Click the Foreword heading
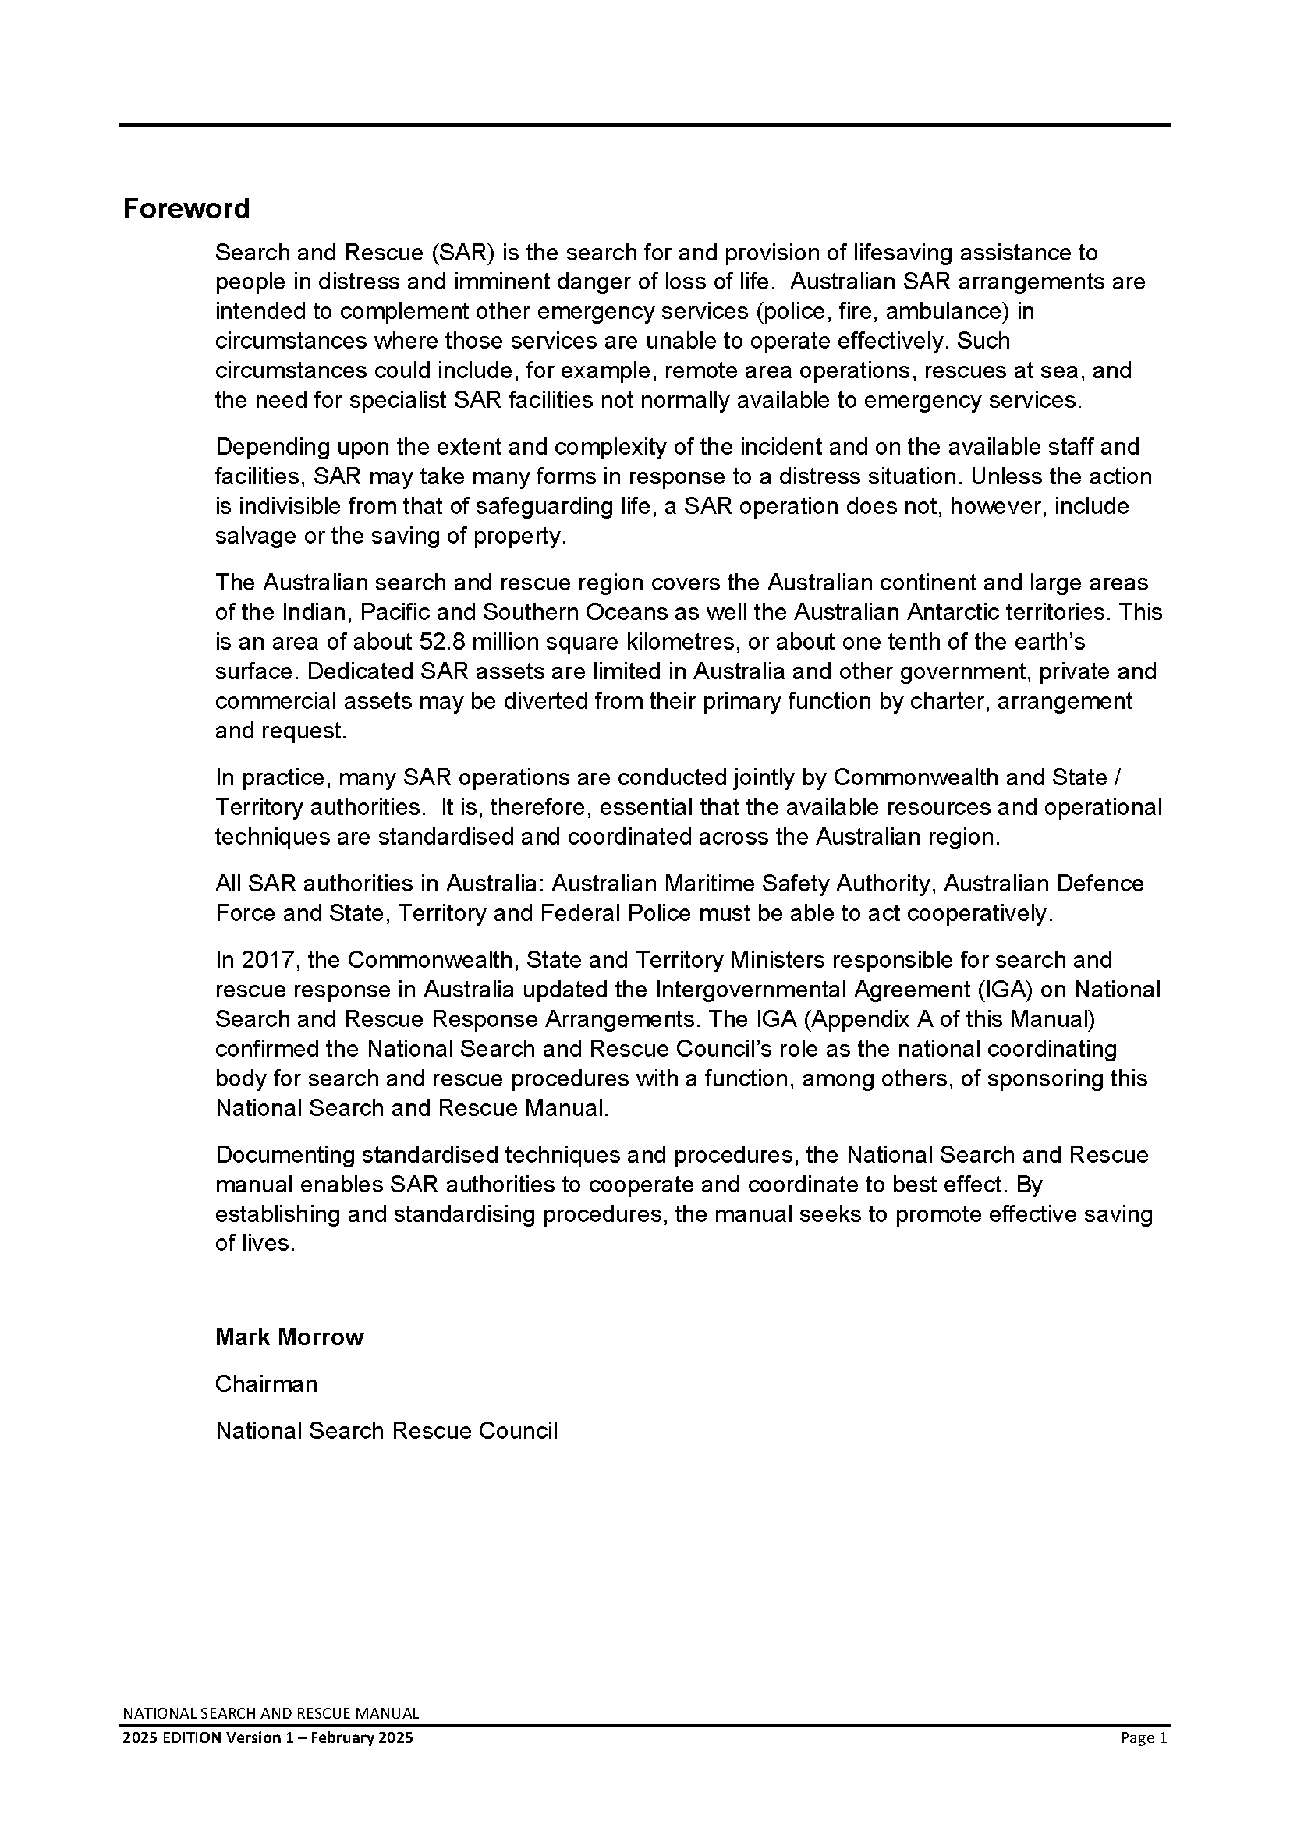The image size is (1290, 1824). coord(186,209)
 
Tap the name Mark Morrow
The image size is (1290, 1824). coord(289,1337)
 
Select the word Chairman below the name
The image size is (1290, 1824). coord(266,1384)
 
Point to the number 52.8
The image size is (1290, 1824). coord(435,642)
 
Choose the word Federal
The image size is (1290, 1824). coord(579,914)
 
